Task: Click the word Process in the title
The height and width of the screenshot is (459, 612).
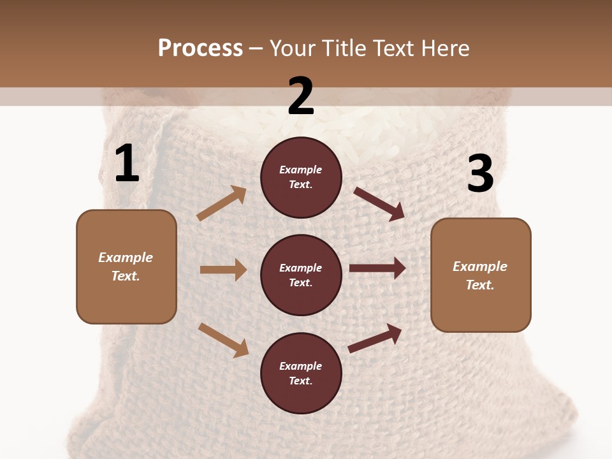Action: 200,48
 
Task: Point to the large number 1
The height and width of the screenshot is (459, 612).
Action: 127,164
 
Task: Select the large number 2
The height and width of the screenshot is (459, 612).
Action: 301,96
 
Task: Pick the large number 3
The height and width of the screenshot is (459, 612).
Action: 480,174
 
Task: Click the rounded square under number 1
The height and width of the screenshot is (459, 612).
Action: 126,266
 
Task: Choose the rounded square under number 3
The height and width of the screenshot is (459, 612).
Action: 481,275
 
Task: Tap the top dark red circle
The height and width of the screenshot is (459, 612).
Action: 301,177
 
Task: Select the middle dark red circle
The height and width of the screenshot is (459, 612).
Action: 301,275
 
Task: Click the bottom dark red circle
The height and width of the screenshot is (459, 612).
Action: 301,373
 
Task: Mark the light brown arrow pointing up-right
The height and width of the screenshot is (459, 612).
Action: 222,203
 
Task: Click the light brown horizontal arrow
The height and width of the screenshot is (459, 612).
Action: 223,270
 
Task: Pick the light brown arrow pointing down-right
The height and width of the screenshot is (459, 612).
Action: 223,339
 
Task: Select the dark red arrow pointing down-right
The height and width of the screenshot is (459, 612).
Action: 379,203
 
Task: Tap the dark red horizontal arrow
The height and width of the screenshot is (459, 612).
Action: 377,268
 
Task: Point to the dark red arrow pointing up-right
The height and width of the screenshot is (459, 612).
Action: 375,338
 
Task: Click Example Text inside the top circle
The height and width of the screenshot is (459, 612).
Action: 301,177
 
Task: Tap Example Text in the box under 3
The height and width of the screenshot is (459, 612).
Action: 481,275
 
